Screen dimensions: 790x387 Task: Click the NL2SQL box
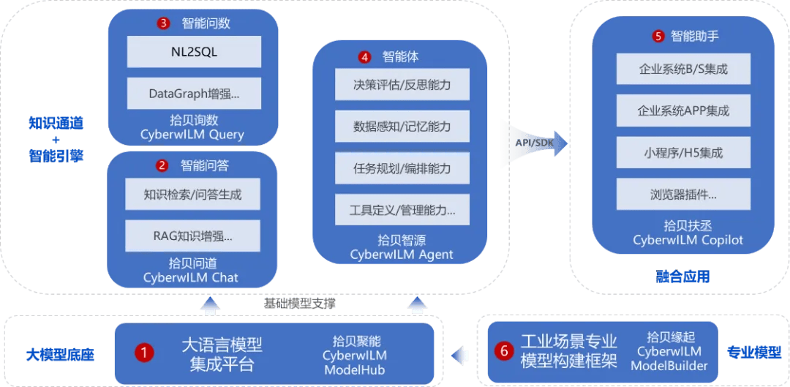pos(194,52)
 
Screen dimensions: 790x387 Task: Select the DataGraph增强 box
pos(194,93)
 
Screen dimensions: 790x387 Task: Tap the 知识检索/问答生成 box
pos(192,194)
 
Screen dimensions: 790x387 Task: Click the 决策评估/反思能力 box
pos(402,85)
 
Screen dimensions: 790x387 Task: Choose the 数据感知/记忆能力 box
pos(402,126)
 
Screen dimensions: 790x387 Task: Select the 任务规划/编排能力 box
pos(402,168)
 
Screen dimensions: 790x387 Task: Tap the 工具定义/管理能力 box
pos(402,209)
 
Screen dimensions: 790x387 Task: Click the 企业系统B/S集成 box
pos(683,69)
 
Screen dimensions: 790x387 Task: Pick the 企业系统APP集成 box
pos(683,110)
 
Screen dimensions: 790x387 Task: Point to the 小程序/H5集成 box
pos(683,151)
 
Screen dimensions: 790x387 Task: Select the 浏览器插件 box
pos(683,193)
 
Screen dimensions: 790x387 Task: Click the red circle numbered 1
pos(144,353)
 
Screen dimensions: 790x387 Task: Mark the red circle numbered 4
pos(365,58)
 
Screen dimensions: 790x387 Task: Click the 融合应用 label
pos(682,276)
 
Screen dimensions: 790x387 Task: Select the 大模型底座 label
pos(60,355)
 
